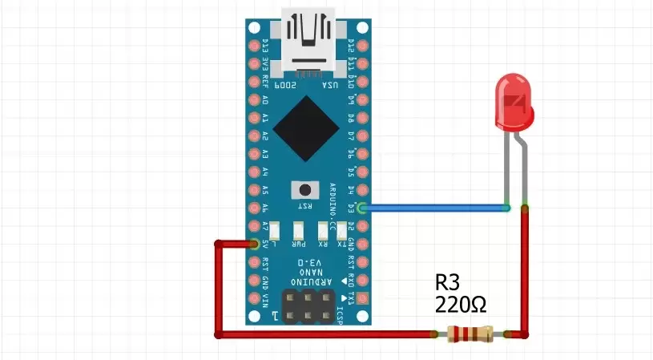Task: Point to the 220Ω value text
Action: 461,305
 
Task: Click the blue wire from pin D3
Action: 437,208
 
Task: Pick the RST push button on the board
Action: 304,190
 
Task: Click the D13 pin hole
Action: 256,46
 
